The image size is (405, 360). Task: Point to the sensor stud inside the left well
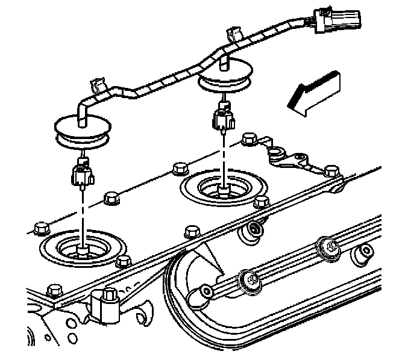tap(82, 250)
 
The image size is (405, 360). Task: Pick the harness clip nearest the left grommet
tap(99, 87)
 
